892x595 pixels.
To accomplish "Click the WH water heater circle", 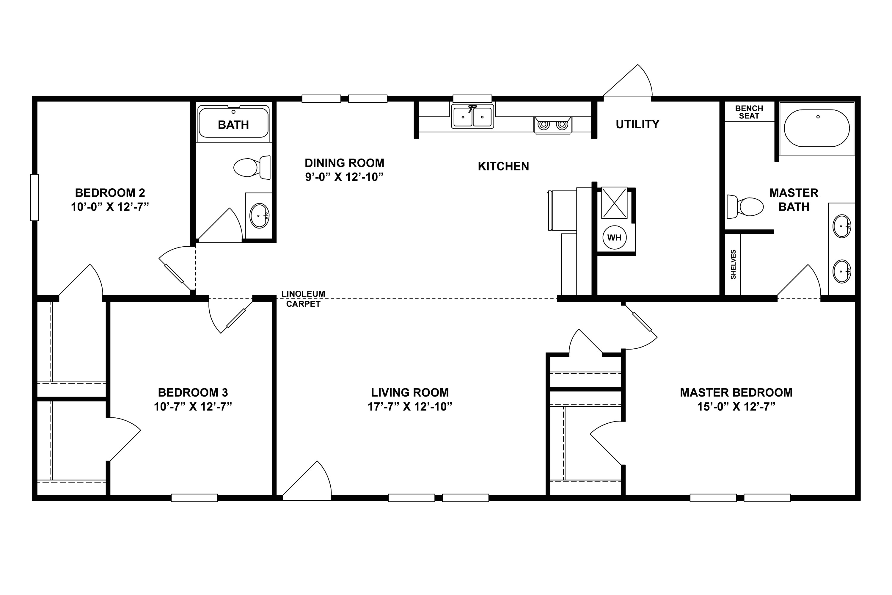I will pyautogui.click(x=614, y=237).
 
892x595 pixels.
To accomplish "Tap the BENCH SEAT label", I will pyautogui.click(x=749, y=112).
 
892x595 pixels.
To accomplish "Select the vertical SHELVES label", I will pyautogui.click(x=733, y=264).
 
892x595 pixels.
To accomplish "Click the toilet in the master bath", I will pyautogui.click(x=745, y=207).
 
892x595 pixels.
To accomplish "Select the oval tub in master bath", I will pyautogui.click(x=817, y=128).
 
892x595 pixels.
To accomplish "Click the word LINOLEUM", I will pyautogui.click(x=303, y=294).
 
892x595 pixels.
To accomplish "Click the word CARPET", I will pyautogui.click(x=303, y=304).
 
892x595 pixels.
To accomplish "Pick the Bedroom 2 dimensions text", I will pyautogui.click(x=110, y=207).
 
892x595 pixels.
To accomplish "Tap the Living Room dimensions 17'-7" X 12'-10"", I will pyautogui.click(x=410, y=406).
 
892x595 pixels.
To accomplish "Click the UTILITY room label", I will pyautogui.click(x=637, y=124).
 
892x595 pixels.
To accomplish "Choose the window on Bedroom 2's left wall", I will pyautogui.click(x=34, y=197).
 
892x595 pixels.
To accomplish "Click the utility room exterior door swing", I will pyautogui.click(x=632, y=84).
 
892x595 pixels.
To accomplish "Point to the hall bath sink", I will pyautogui.click(x=259, y=215).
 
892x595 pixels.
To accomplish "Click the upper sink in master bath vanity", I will pyautogui.click(x=841, y=226).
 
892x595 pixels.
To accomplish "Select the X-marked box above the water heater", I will pyautogui.click(x=614, y=203).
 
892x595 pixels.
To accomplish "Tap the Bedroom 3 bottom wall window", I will pyautogui.click(x=194, y=497).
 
